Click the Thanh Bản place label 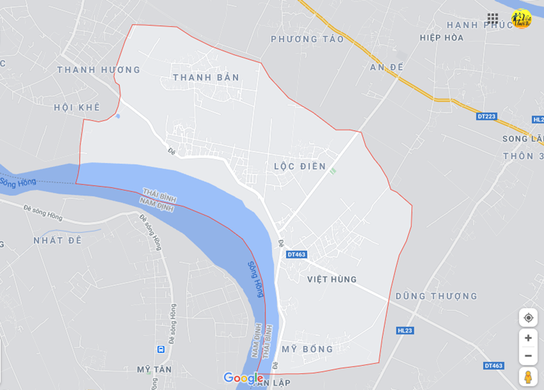206,78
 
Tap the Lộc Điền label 300,166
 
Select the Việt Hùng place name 332,279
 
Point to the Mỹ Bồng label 307,350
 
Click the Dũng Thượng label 436,296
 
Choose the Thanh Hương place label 98,70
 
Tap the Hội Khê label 77,107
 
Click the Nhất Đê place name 57,240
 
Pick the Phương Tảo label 307,40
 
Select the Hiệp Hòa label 441,38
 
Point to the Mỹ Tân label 154,369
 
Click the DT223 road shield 486,116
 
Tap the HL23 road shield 405,330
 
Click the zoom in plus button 528,338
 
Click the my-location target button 528,318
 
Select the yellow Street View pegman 528,377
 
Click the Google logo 243,379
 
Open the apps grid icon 493,19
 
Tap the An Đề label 386,67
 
